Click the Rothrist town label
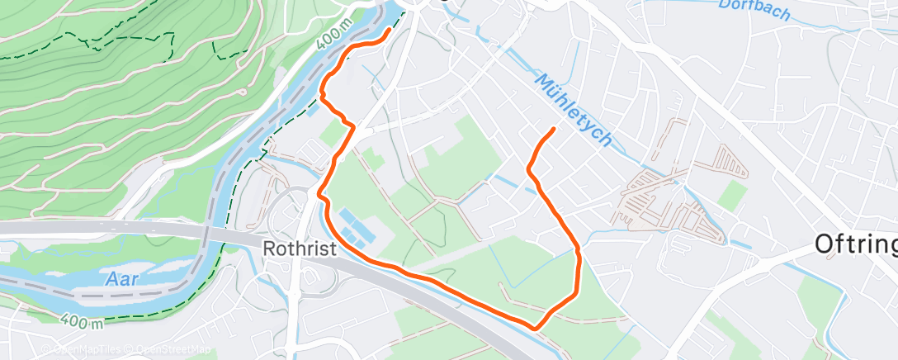(x=300, y=249)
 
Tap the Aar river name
(x=122, y=279)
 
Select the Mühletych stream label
(x=574, y=111)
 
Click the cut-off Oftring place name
(x=855, y=244)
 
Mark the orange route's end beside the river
(x=390, y=30)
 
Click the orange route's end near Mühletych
(x=552, y=129)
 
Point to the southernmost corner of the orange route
(x=537, y=328)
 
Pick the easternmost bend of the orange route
(x=579, y=251)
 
